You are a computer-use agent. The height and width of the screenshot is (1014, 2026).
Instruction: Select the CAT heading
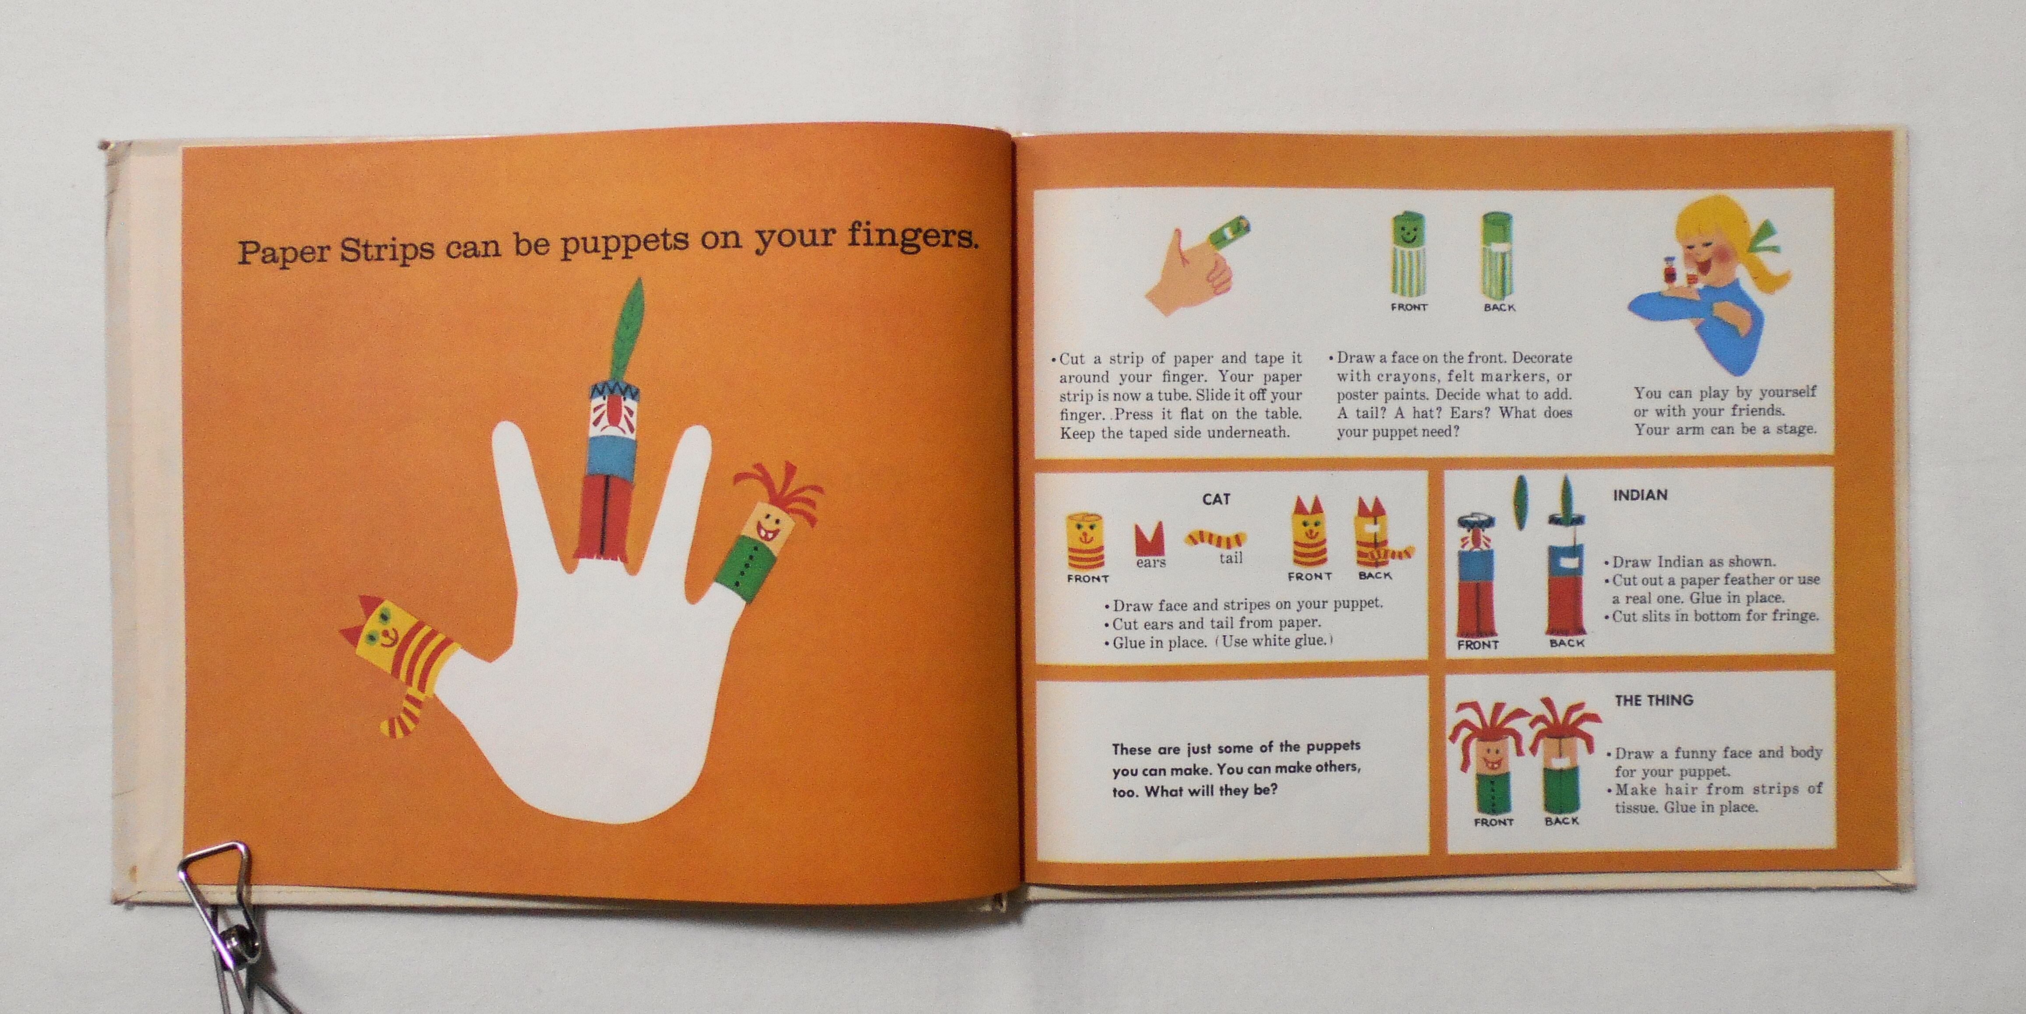pyautogui.click(x=1216, y=499)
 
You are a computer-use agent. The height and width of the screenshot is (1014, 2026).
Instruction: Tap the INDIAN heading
pyautogui.click(x=1640, y=495)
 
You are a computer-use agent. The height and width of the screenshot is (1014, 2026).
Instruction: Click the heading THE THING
pyautogui.click(x=1653, y=700)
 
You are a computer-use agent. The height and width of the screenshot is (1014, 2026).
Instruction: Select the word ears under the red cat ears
pyautogui.click(x=1151, y=563)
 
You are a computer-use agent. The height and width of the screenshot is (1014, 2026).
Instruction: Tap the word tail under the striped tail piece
pyautogui.click(x=1231, y=558)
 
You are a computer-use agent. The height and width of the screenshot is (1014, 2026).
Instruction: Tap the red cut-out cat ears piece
pyautogui.click(x=1150, y=539)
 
